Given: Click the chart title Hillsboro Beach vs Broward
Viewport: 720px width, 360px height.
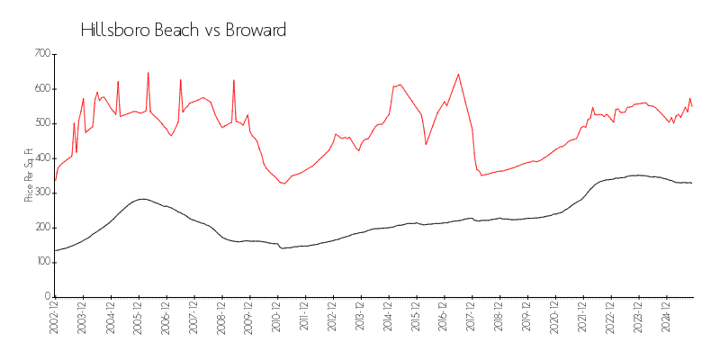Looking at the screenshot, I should tap(183, 30).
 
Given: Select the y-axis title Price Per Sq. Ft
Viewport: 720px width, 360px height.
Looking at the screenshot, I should tap(29, 175).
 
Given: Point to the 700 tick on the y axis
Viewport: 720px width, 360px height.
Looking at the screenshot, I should tap(41, 54).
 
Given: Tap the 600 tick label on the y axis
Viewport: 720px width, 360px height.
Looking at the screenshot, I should tap(41, 89).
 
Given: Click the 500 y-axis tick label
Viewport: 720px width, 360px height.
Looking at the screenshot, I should tap(41, 123).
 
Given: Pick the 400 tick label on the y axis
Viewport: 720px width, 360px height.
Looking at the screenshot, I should tap(41, 158).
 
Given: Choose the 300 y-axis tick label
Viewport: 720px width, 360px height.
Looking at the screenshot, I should tap(41, 193).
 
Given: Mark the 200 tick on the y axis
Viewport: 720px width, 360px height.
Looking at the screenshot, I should tap(41, 228).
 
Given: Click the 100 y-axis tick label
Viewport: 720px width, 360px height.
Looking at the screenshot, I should tap(41, 262).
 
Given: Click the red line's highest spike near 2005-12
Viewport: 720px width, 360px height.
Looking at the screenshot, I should tap(148, 73).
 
